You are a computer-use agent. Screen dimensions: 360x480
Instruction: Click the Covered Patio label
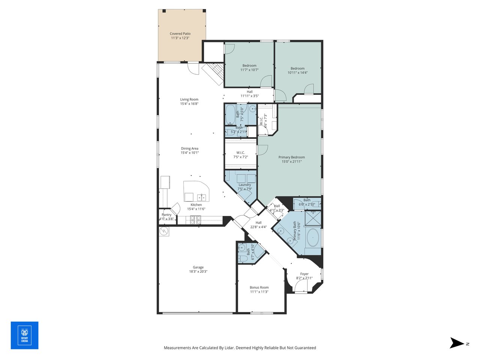tap(180, 34)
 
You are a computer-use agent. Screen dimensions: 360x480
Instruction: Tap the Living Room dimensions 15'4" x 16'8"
tap(189, 104)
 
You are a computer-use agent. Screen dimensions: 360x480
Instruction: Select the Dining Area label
tap(189, 148)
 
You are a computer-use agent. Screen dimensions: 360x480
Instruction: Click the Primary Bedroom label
tap(291, 157)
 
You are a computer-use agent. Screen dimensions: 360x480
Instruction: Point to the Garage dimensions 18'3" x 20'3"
tap(198, 271)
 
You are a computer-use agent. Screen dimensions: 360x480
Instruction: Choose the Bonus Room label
tap(259, 288)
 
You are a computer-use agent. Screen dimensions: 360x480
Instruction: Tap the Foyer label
tap(304, 274)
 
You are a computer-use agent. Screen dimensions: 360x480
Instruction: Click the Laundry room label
tap(244, 185)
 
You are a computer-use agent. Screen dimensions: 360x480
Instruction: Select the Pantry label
tap(166, 215)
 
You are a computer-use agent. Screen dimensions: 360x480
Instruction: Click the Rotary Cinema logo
tap(24, 335)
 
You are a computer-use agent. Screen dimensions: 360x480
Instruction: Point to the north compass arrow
tap(457, 343)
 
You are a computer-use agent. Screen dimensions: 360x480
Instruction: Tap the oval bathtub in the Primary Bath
tap(313, 238)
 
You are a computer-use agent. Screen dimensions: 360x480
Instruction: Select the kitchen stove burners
tap(196, 220)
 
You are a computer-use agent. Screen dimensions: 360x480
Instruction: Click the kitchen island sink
tap(202, 197)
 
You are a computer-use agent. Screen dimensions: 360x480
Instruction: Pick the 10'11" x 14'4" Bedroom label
tap(297, 69)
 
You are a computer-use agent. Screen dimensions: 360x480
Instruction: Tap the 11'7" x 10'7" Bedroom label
tap(249, 66)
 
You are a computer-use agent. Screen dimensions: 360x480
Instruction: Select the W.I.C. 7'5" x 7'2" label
tap(240, 153)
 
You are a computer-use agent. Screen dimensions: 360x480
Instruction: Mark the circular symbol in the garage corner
tap(164, 231)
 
